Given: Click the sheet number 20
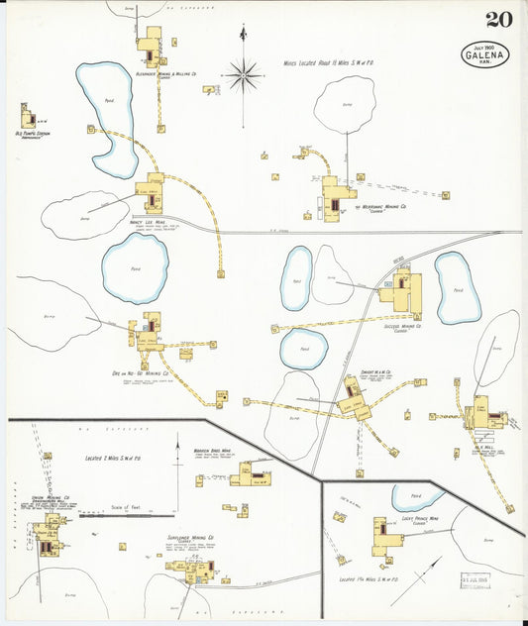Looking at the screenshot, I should pyautogui.click(x=498, y=20).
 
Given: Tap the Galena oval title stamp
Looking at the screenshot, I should pyautogui.click(x=485, y=54).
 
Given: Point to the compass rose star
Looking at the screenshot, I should pyautogui.click(x=242, y=72).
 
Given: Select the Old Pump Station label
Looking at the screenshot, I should pyautogui.click(x=33, y=133).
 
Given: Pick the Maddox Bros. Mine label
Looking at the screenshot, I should pyautogui.click(x=212, y=450).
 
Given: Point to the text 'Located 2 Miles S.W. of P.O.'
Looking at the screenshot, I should pyautogui.click(x=118, y=462).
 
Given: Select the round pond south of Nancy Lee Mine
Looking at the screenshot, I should pyautogui.click(x=135, y=267).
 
